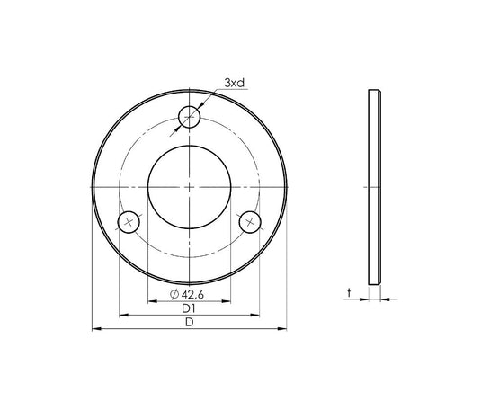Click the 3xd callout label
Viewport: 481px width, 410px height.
point(235,83)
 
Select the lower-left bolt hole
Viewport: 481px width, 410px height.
point(129,222)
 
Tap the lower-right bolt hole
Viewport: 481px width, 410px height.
point(250,222)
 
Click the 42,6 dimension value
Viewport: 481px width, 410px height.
point(192,295)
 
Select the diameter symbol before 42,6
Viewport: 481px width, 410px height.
point(174,294)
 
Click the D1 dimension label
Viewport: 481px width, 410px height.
point(189,308)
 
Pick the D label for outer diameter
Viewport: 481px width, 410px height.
point(190,322)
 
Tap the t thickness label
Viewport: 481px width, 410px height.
point(349,293)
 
